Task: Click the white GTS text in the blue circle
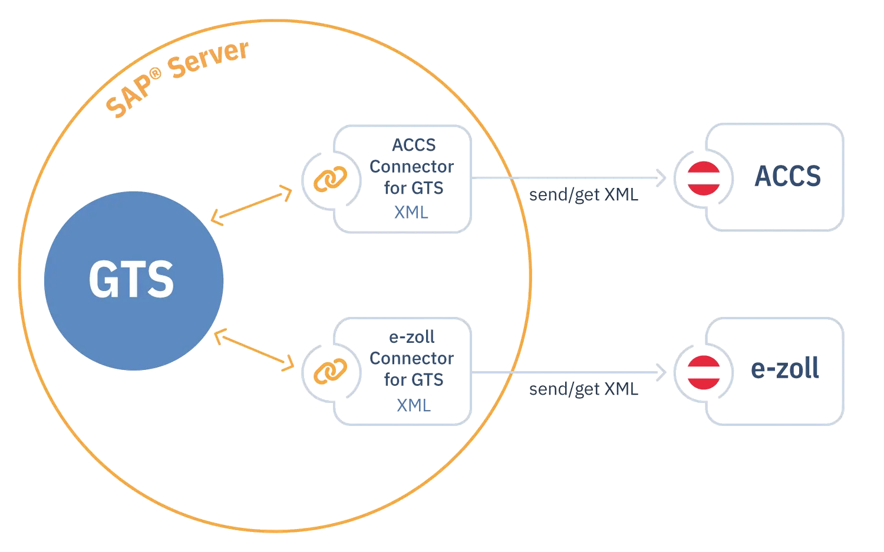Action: point(131,279)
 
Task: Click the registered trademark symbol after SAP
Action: point(156,74)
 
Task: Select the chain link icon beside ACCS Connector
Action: point(330,179)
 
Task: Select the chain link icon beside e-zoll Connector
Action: point(330,371)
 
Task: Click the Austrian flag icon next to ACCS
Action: point(704,179)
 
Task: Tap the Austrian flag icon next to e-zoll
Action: point(704,372)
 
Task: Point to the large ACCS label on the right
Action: point(788,176)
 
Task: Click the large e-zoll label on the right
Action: point(785,368)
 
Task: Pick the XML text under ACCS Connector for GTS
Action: point(411,213)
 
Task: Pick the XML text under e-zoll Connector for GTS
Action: point(414,406)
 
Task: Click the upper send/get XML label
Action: point(583,195)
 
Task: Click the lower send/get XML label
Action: point(583,389)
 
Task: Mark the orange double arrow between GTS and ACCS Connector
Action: point(252,205)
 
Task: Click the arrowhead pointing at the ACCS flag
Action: point(662,178)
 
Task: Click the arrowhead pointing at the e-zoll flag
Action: point(662,372)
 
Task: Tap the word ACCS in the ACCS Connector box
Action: point(414,145)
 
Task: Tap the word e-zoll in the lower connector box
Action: point(411,338)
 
